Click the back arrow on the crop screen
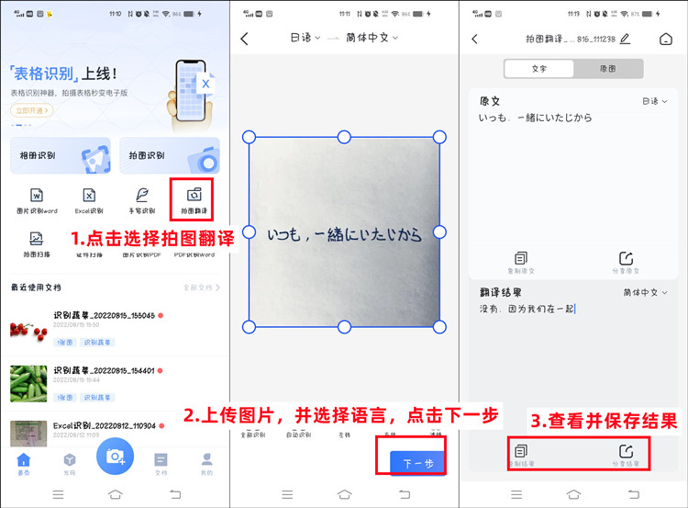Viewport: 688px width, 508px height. pyautogui.click(x=245, y=39)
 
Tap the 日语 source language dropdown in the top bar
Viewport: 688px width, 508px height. pyautogui.click(x=305, y=38)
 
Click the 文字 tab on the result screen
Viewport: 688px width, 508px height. pyautogui.click(x=538, y=69)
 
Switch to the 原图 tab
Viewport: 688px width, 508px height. pyautogui.click(x=607, y=69)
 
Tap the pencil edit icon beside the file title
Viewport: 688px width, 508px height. pyautogui.click(x=625, y=39)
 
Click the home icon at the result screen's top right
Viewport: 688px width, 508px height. pyautogui.click(x=665, y=39)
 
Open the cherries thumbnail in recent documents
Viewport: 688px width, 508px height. pyautogui.click(x=28, y=330)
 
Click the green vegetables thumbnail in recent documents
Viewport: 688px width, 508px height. pyautogui.click(x=28, y=383)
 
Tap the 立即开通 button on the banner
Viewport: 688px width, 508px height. pyautogui.click(x=31, y=110)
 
